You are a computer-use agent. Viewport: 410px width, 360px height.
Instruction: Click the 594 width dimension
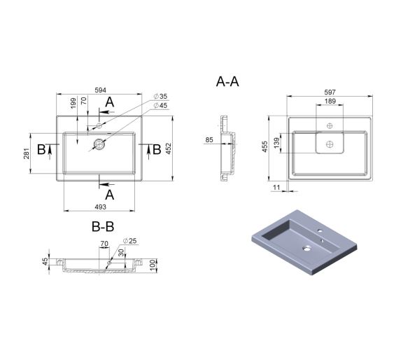[101, 90]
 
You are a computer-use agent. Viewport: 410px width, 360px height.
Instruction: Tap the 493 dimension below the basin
[101, 207]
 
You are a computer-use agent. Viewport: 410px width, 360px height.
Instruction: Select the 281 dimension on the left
[27, 153]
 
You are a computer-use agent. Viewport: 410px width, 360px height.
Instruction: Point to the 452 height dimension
[169, 148]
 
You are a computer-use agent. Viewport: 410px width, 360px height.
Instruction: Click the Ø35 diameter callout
[160, 97]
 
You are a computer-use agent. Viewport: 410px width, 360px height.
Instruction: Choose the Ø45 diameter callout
[160, 106]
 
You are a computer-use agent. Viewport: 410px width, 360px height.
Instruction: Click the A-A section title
[227, 81]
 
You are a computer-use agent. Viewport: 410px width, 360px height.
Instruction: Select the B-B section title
[103, 226]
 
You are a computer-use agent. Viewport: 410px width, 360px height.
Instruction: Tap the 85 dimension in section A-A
[209, 140]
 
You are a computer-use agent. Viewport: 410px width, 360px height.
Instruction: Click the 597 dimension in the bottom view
[330, 92]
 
